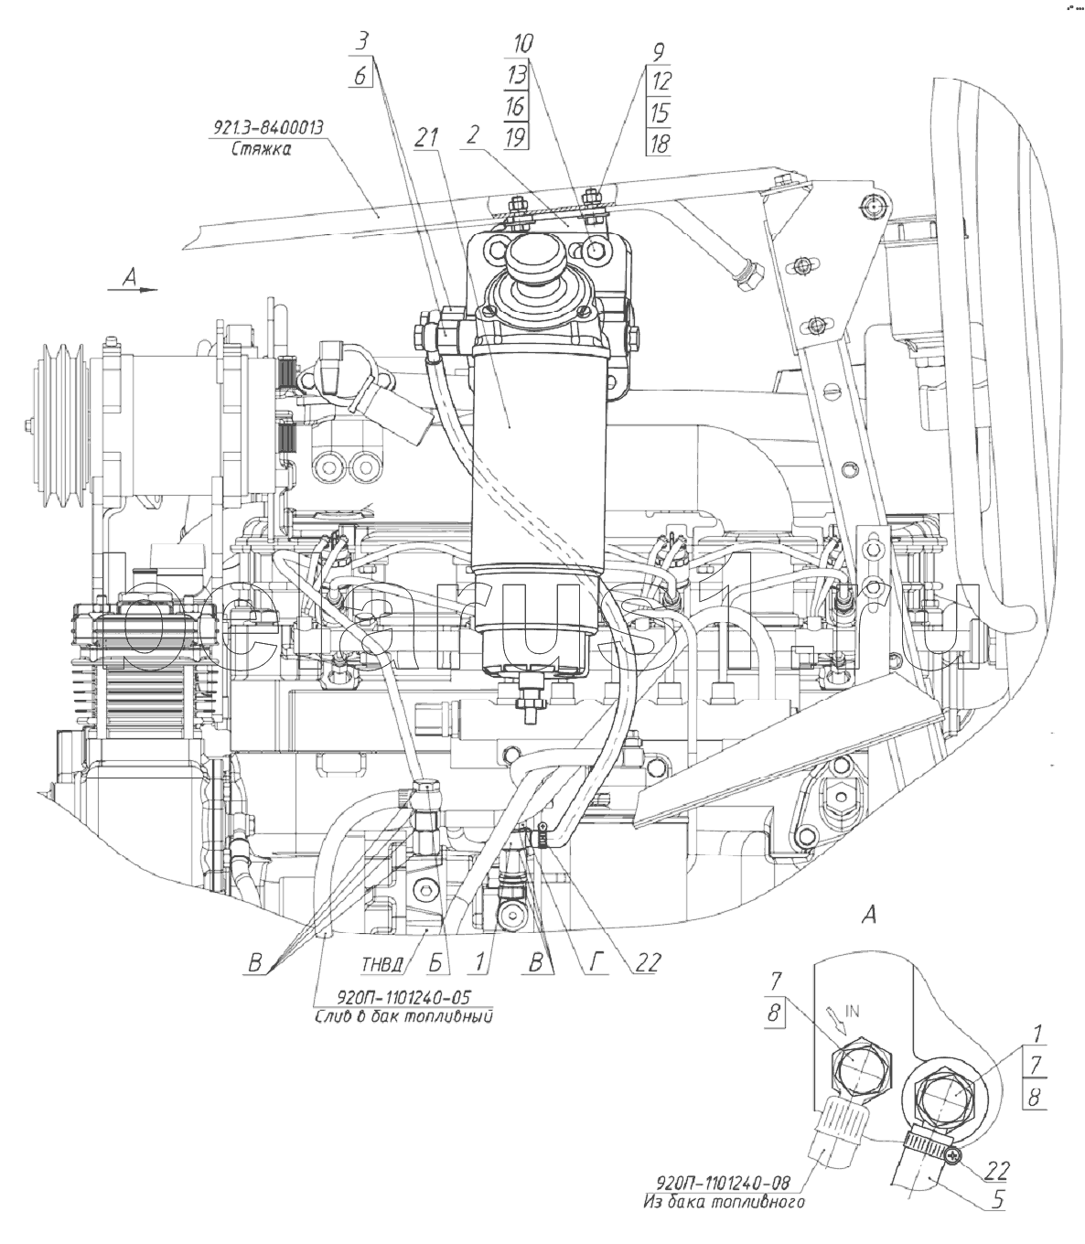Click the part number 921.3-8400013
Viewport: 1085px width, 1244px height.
point(268,128)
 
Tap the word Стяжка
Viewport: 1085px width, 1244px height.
point(261,149)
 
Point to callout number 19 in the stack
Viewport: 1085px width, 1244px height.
point(515,138)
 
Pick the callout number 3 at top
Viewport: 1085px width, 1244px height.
point(361,43)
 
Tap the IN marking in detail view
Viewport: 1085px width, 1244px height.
point(852,1012)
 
